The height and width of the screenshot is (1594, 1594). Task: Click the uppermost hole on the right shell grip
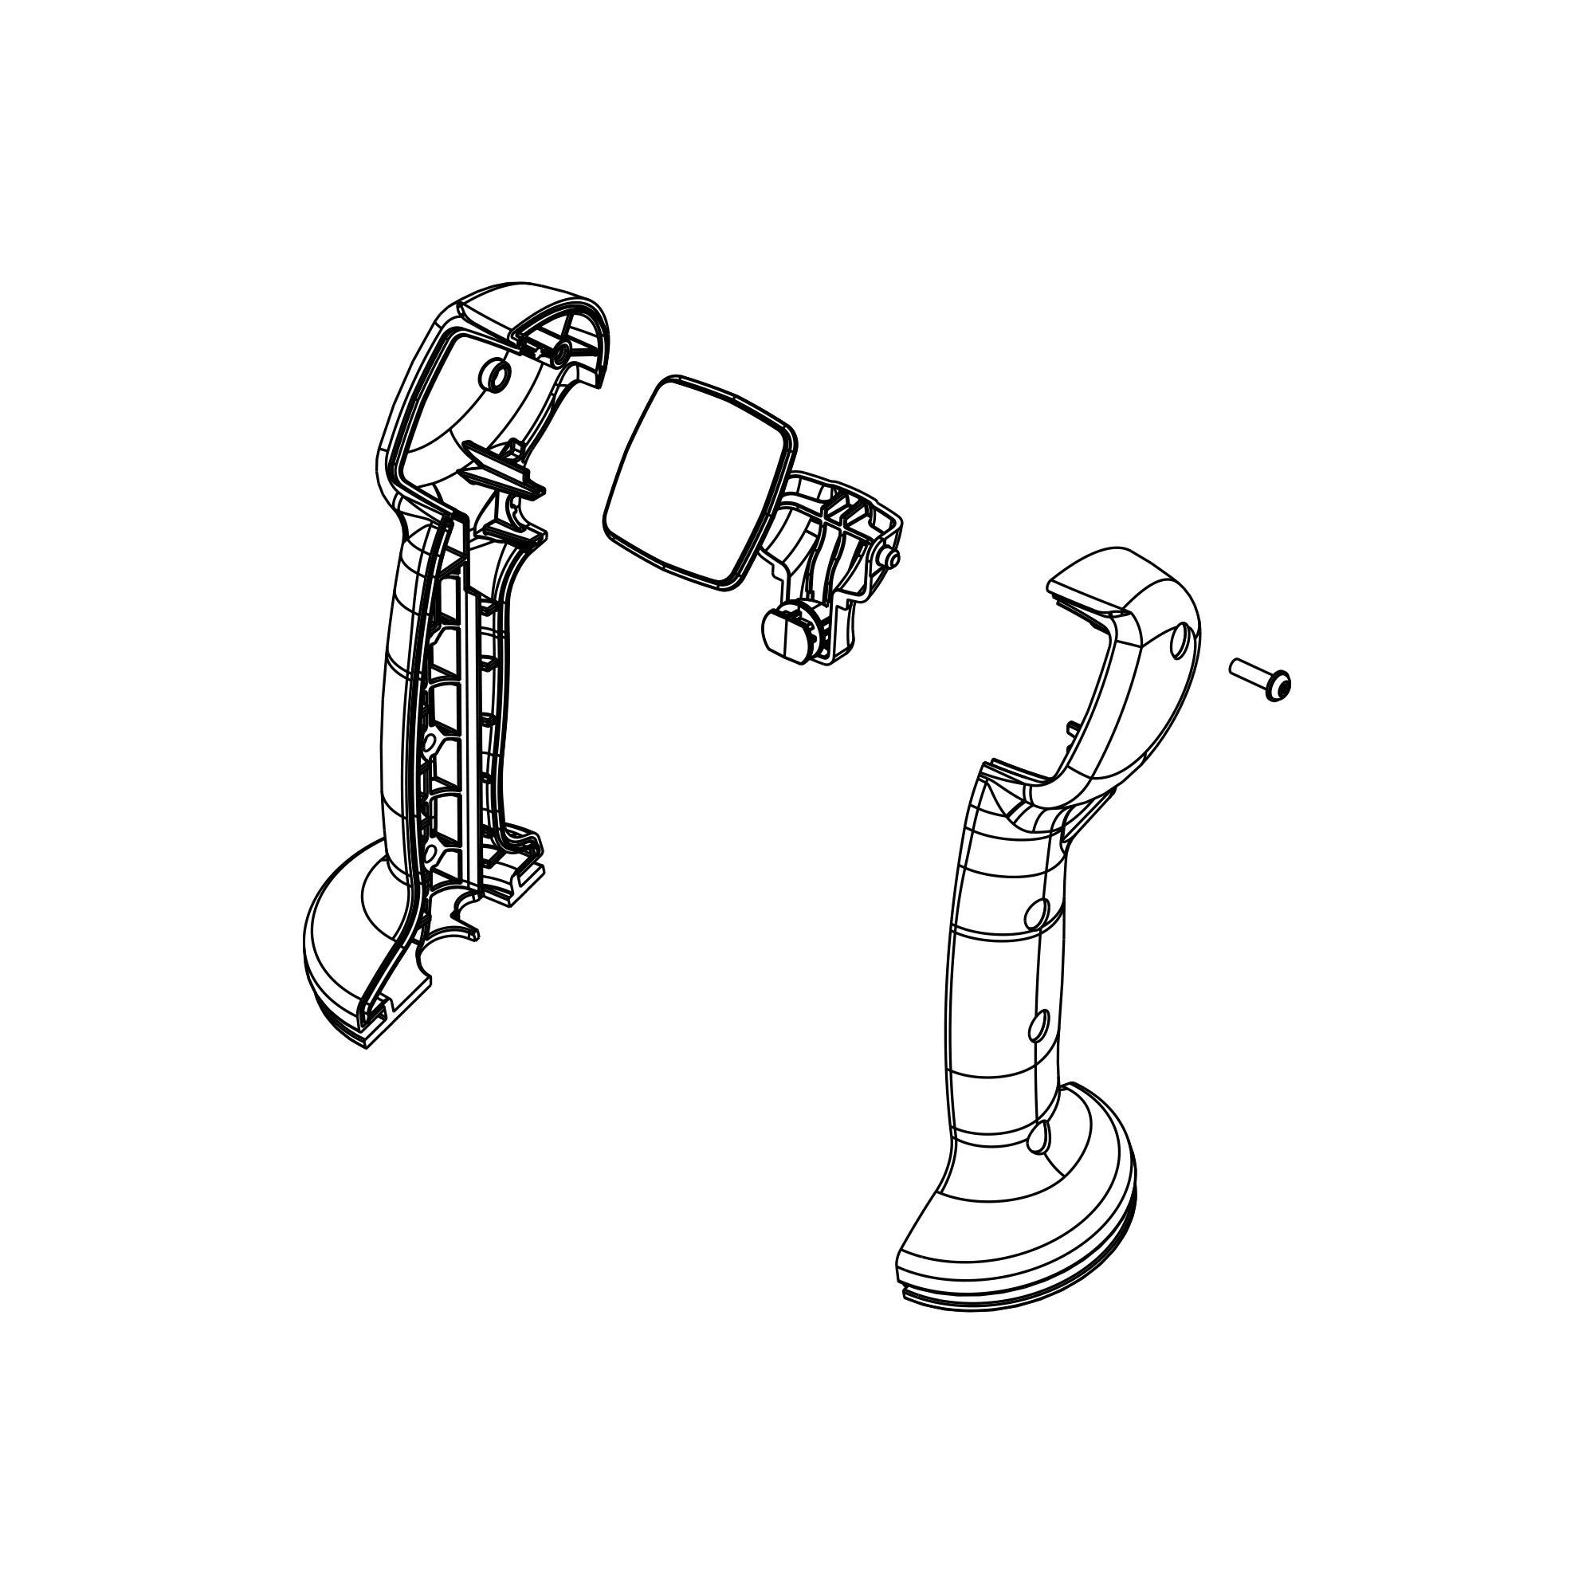coord(1038,913)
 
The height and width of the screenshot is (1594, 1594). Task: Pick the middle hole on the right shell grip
coord(1038,1027)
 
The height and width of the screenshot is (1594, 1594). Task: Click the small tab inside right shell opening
coord(1071,725)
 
